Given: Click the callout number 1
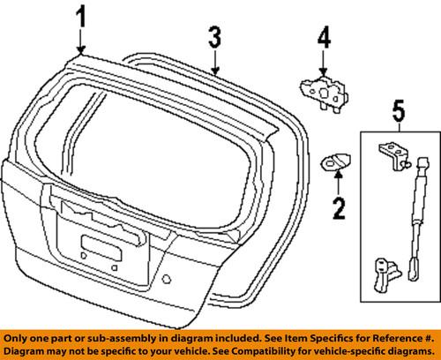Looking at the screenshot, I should click(x=81, y=16).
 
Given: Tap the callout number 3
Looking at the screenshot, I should click(x=214, y=38).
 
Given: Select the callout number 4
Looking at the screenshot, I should click(x=324, y=40).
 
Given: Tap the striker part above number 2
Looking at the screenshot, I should click(x=333, y=161).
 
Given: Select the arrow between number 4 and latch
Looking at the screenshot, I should click(x=324, y=64).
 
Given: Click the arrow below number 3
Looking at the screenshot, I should click(x=214, y=60).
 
